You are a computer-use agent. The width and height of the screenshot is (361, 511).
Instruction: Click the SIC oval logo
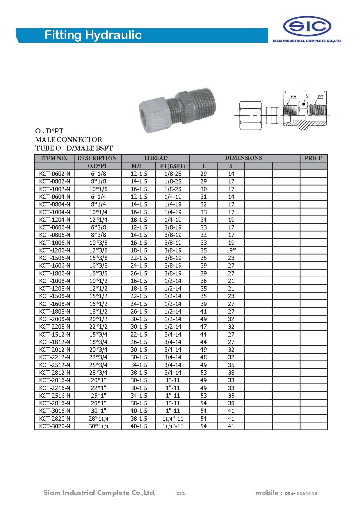point(307,26)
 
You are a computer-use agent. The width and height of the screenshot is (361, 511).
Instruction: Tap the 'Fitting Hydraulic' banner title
point(93,35)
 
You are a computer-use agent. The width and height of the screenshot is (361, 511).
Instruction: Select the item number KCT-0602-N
point(55,174)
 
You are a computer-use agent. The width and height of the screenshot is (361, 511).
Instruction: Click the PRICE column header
point(313,158)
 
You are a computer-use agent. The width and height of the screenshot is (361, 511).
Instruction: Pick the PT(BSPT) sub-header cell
point(173,166)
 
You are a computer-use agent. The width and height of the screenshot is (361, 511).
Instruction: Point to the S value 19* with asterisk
point(231,250)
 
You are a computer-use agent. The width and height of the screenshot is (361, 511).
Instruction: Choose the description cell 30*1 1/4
point(98,426)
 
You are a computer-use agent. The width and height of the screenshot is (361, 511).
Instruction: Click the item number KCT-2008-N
point(55,319)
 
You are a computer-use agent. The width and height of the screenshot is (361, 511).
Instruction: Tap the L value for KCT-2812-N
point(204,372)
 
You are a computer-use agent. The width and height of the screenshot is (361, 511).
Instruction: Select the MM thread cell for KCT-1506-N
point(139,258)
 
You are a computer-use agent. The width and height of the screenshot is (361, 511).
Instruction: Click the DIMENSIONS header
point(243,158)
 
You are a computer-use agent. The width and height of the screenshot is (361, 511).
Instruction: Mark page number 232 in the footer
point(180,493)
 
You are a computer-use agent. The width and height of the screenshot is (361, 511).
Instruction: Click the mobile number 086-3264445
point(301,493)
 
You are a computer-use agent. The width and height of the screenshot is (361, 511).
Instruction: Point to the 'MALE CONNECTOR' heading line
point(69,139)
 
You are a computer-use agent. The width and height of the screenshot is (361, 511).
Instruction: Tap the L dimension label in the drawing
point(305,90)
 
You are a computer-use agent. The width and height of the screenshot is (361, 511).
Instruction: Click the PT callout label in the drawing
point(320,97)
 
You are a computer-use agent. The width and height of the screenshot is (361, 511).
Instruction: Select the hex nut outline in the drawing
point(250,116)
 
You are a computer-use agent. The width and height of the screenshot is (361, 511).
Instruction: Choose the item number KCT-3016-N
point(55,411)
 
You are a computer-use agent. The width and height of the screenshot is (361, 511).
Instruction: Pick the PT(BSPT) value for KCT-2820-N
point(173,418)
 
